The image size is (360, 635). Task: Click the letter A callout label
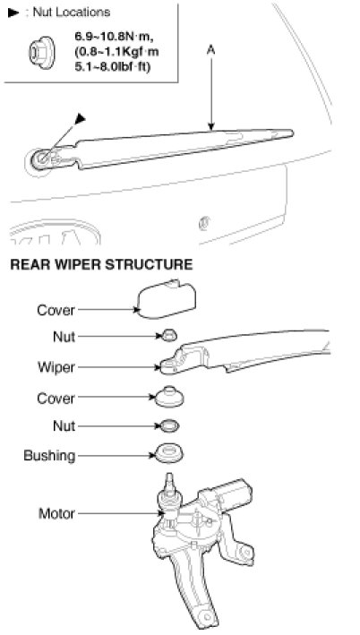211,50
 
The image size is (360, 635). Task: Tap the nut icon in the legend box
41,53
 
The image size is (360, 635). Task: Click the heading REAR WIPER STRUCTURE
101,264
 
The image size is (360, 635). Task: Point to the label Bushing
49,456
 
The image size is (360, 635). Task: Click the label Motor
56,513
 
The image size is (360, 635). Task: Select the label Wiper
56,367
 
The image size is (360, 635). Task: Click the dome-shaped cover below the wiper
169,397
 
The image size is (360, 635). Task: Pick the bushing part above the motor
169,453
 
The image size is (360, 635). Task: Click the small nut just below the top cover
169,335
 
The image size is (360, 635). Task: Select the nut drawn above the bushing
169,426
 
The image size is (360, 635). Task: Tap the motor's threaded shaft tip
169,478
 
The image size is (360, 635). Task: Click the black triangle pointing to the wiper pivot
81,118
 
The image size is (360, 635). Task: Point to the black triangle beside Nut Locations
13,13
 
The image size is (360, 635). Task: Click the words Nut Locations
72,13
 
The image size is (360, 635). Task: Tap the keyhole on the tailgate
204,223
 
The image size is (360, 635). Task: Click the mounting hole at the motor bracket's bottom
208,617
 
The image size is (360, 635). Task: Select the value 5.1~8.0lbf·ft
112,66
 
